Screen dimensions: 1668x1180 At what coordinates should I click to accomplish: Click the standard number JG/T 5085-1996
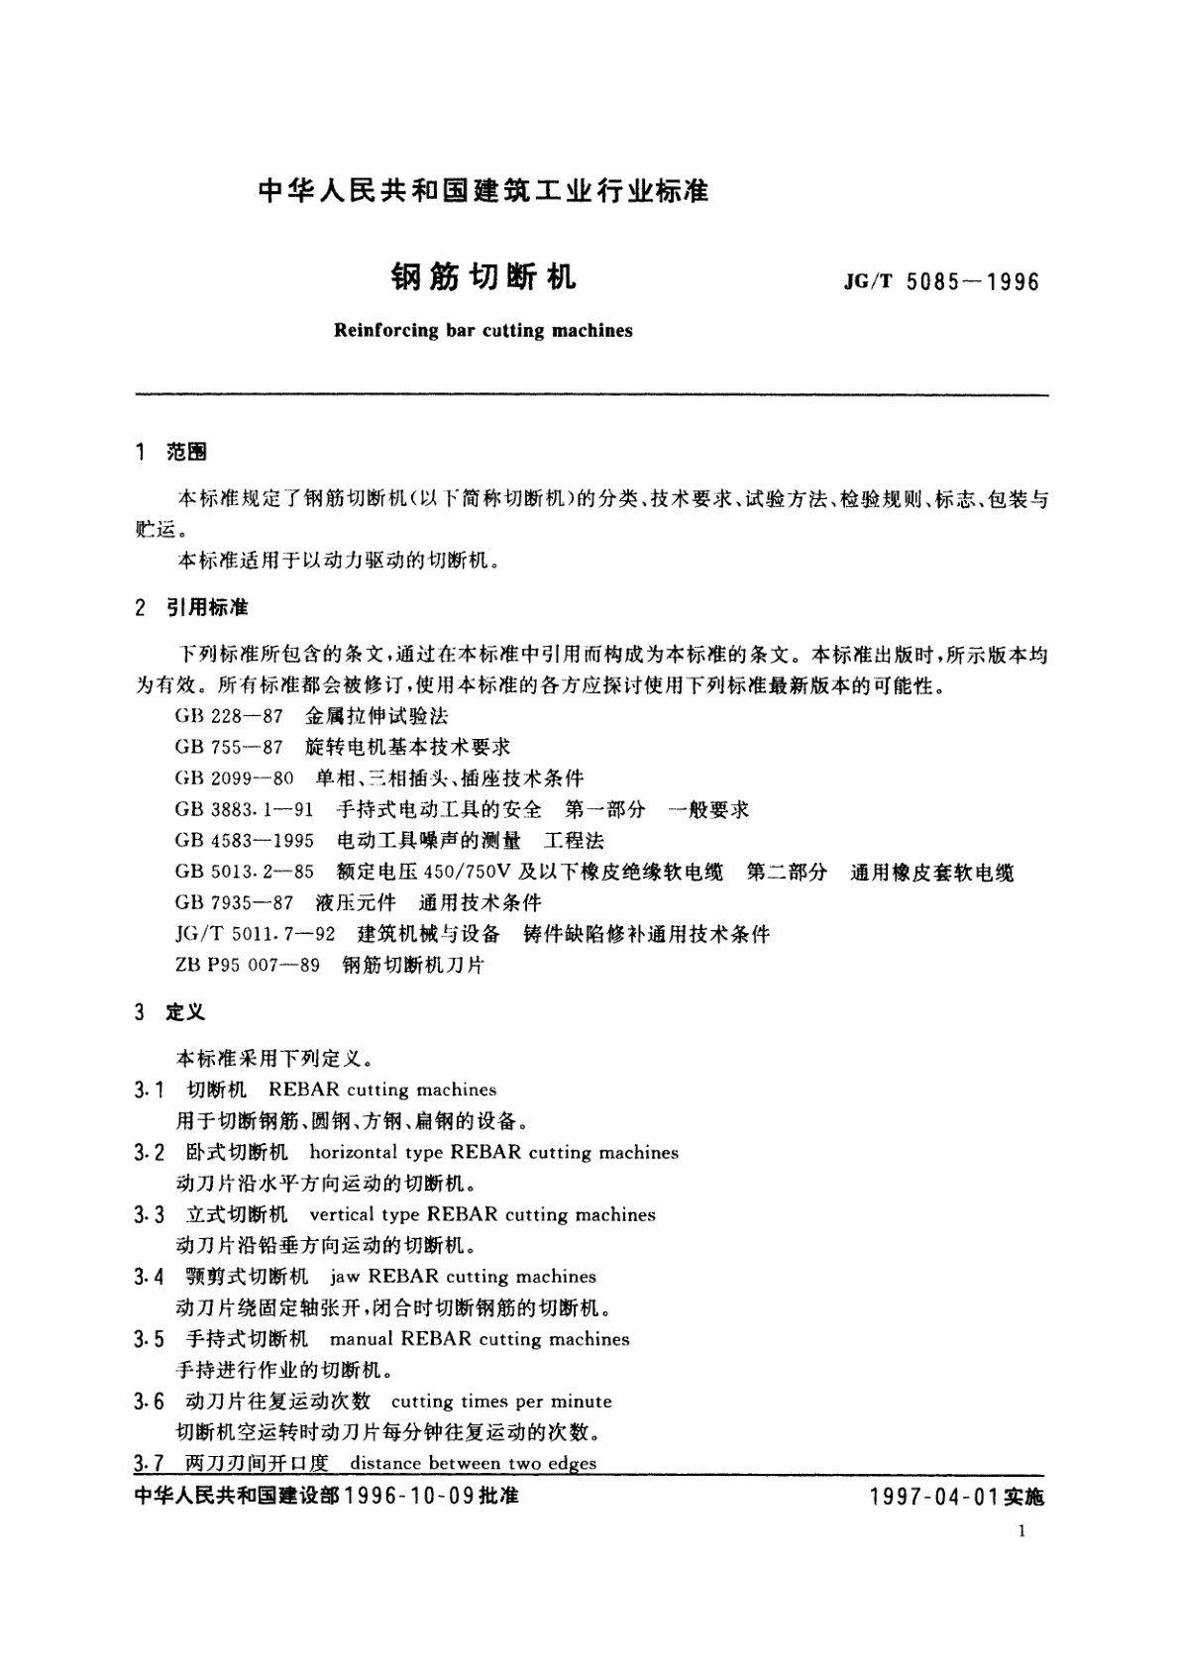pos(941,282)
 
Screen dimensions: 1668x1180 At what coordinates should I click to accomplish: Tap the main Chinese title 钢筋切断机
pos(483,278)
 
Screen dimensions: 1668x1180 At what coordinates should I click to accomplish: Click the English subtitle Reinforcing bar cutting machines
pos(483,331)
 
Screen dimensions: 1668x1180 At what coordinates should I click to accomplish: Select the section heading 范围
pos(187,454)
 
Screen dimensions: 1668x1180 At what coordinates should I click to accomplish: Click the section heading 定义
pos(186,1012)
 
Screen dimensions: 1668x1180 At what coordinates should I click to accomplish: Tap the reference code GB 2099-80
pos(234,779)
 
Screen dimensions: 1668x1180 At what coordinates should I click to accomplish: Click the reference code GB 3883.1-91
pos(244,809)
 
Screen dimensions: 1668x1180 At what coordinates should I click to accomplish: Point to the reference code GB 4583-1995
pos(244,841)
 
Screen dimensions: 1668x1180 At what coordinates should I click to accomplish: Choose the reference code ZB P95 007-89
pos(247,965)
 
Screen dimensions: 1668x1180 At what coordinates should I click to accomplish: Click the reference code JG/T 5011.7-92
pos(254,934)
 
